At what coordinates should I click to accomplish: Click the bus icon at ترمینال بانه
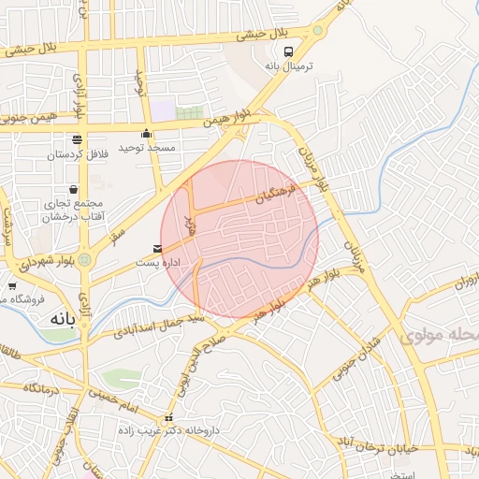click(287, 51)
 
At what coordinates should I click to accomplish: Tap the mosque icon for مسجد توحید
click(146, 133)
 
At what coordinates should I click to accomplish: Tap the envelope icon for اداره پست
click(156, 249)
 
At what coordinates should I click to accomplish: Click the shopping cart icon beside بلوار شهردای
click(12, 285)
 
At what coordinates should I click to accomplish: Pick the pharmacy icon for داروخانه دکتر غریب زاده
click(168, 417)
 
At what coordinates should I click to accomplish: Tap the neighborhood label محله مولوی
click(440, 336)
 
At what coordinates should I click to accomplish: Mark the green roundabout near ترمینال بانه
click(317, 30)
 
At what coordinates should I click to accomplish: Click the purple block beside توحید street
click(164, 110)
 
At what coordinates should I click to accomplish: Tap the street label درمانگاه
click(43, 386)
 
